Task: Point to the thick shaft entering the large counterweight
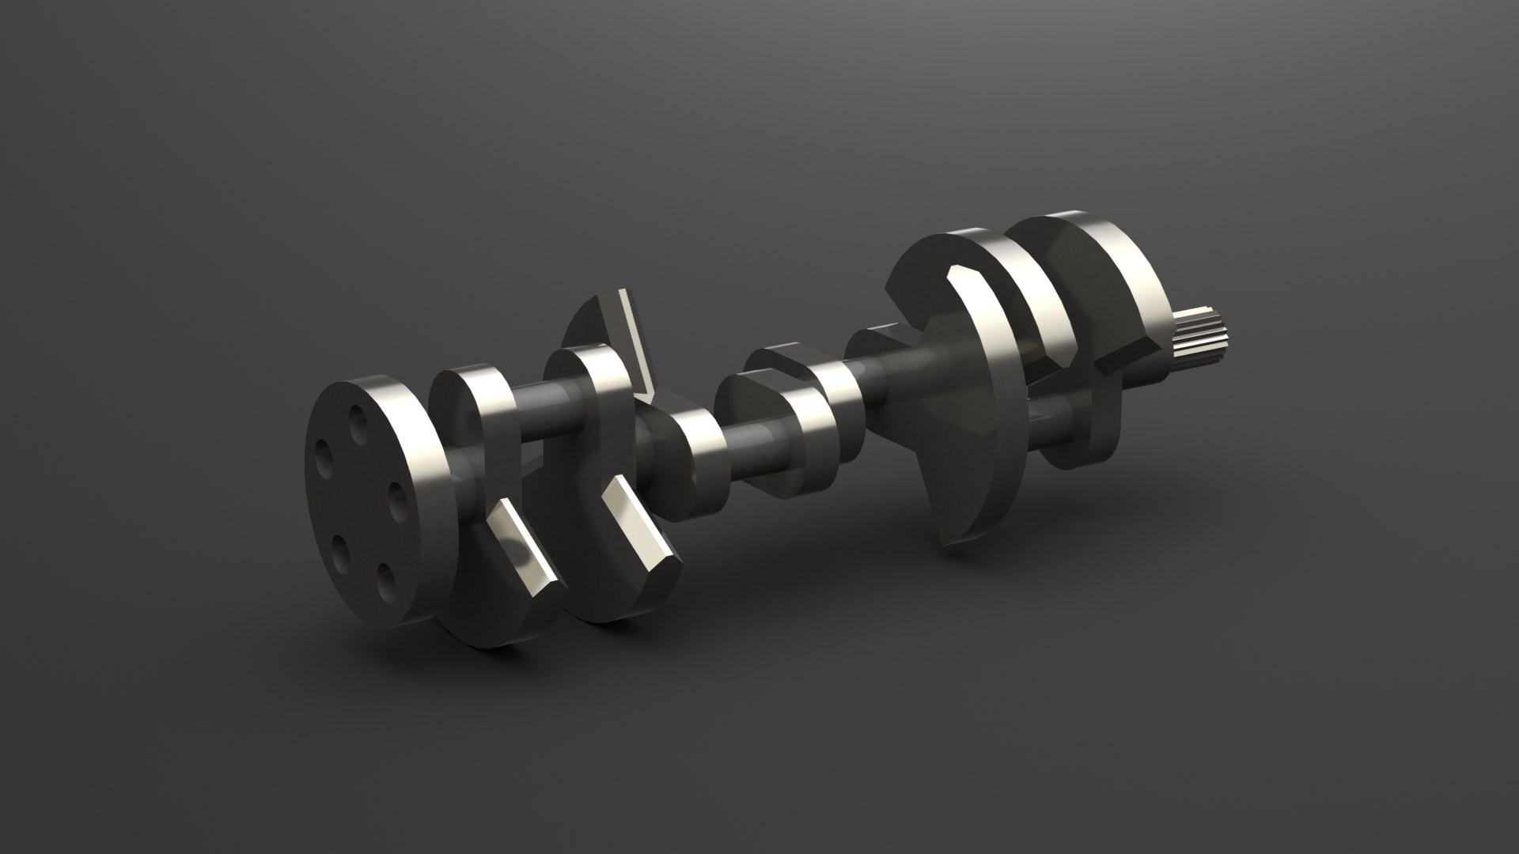click(910, 372)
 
